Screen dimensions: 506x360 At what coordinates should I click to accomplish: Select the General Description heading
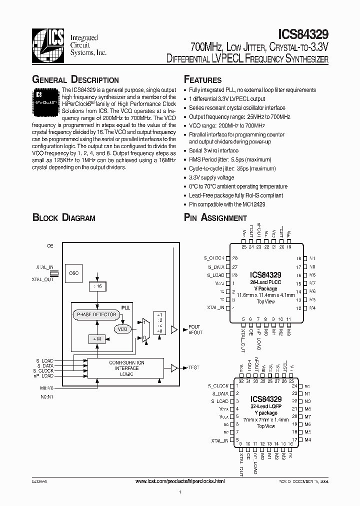75,80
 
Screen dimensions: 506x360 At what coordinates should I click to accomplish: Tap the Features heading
203,80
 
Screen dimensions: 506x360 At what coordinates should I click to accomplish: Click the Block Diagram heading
63,217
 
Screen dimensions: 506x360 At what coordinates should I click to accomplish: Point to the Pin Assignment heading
215,217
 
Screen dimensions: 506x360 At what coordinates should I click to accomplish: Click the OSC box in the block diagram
74,273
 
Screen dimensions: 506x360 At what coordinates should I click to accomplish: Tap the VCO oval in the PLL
122,329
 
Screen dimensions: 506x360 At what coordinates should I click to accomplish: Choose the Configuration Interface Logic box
126,368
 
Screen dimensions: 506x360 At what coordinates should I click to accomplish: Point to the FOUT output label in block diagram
194,326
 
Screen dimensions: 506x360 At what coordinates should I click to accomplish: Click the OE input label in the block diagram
50,246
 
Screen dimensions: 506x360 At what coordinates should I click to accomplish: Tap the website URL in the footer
180,480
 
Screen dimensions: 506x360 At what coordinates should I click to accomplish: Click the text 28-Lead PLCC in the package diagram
265,282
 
